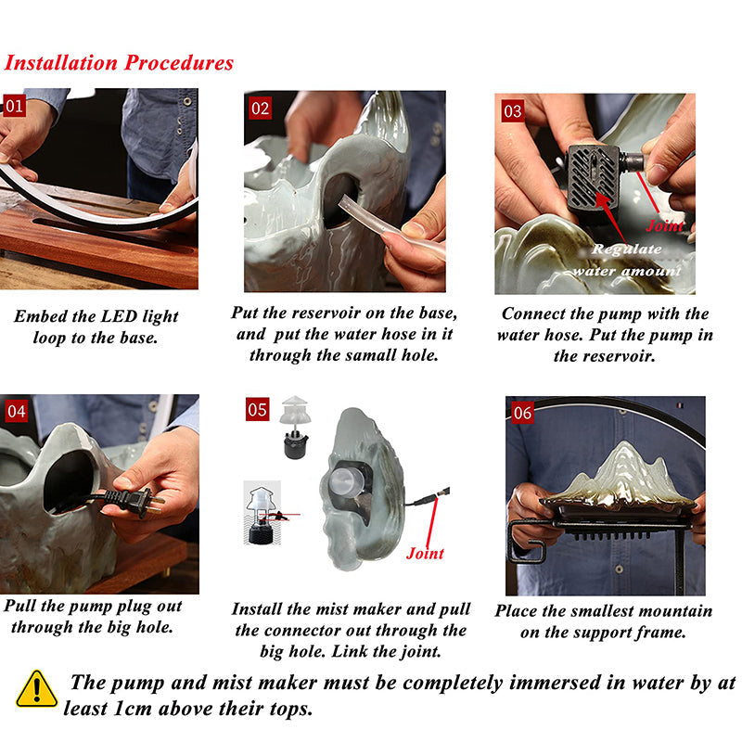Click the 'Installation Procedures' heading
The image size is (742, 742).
119,63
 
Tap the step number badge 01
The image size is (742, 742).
15,106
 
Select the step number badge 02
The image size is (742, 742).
261,109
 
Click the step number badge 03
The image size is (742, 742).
512,111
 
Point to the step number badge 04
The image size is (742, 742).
17,411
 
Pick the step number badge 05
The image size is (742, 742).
258,409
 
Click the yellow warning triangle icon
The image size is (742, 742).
36,690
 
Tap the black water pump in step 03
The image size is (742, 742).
595,175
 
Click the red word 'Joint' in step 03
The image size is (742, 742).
663,225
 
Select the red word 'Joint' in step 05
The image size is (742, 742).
425,554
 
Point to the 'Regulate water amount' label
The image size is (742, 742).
626,260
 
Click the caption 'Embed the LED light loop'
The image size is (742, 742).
96,326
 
